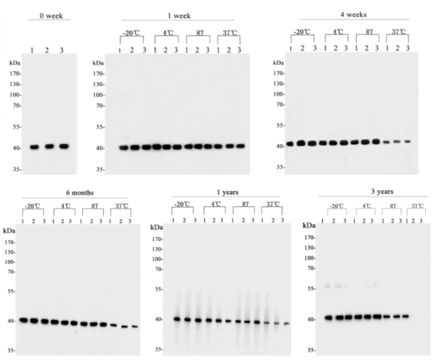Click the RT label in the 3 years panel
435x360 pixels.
392,206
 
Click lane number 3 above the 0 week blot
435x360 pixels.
62,50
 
